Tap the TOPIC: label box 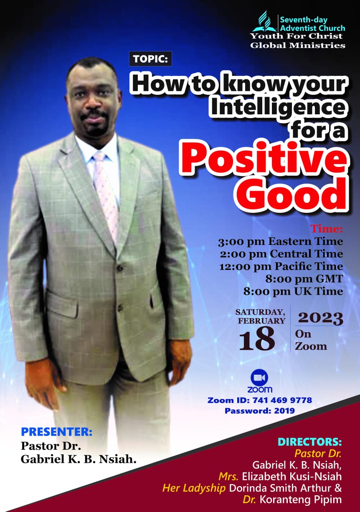point(150,59)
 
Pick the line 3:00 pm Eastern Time point(280,241)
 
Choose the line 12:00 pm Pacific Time point(281,266)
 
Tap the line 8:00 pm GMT point(304,279)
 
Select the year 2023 point(320,318)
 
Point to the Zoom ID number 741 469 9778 point(282,400)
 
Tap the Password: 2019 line point(260,411)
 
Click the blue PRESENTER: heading point(56,432)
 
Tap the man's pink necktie point(105,194)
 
